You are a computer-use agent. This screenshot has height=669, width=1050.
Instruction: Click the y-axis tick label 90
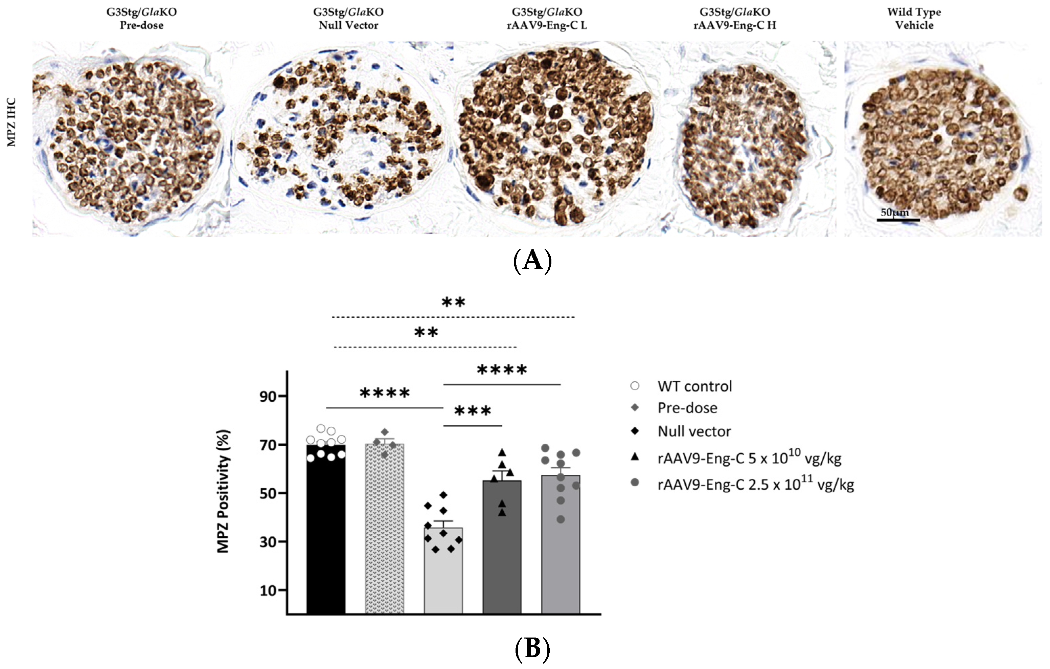point(268,397)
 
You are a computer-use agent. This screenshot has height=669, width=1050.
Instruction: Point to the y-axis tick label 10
point(268,590)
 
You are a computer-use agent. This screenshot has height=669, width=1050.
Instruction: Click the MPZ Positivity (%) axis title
point(223,491)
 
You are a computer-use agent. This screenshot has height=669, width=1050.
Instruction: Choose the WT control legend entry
point(694,386)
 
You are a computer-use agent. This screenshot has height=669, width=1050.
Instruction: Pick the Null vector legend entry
point(694,431)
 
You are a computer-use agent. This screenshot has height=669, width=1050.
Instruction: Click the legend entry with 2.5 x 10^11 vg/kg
point(755,484)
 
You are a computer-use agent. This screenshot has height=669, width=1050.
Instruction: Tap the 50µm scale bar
point(898,219)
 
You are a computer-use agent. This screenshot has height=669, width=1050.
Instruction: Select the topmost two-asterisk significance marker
point(454,302)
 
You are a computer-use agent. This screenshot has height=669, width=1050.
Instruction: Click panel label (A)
point(532,261)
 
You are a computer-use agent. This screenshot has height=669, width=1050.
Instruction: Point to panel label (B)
point(532,648)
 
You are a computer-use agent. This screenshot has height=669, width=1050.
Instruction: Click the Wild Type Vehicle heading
point(914,18)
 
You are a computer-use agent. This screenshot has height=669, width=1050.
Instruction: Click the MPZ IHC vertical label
point(12,122)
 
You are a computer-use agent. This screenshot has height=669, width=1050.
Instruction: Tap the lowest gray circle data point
point(561,519)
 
